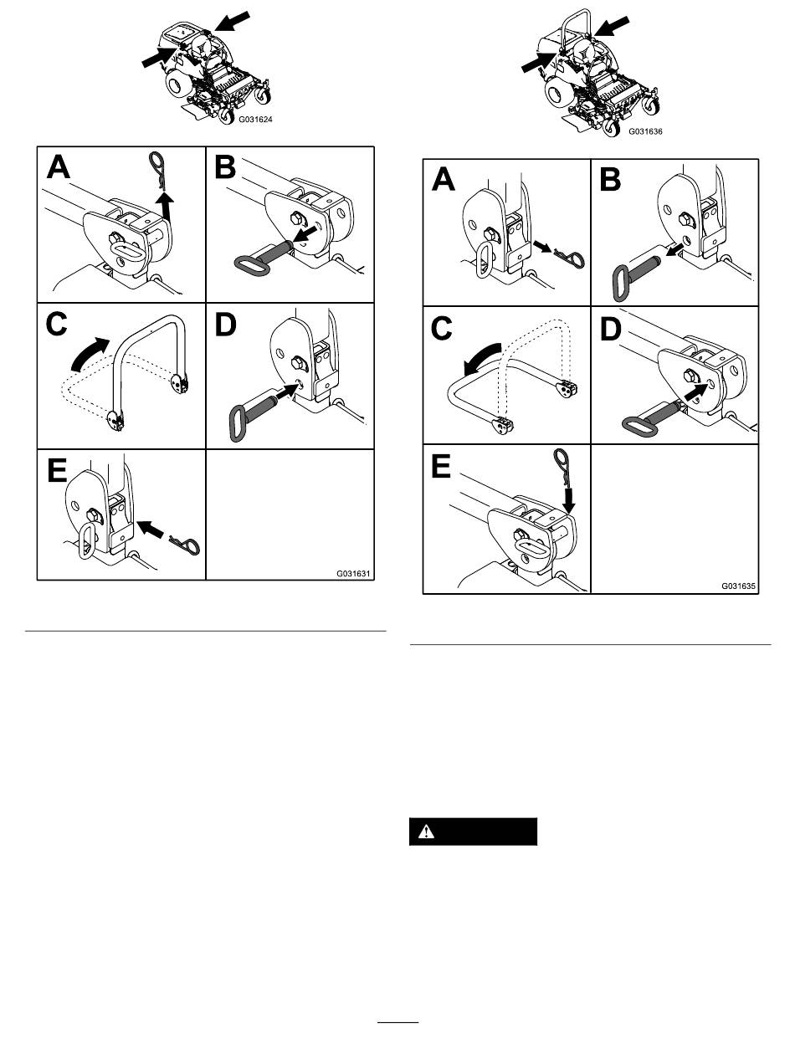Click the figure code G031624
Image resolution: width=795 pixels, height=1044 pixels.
(x=255, y=120)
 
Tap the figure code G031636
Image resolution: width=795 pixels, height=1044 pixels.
(x=645, y=131)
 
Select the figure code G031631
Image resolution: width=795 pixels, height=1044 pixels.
(x=353, y=573)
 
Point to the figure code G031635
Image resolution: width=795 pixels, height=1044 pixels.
(x=738, y=586)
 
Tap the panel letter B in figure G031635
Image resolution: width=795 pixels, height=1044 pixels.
(x=610, y=180)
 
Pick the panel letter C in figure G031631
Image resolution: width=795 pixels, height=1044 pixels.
(x=57, y=325)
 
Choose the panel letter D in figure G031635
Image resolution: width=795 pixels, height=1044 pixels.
(x=610, y=329)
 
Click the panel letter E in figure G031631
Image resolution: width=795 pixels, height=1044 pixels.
(x=57, y=470)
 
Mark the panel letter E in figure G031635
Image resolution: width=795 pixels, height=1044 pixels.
(x=440, y=466)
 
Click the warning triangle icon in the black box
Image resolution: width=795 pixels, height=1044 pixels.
(x=426, y=832)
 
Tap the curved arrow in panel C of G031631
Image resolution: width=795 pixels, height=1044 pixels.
(x=88, y=352)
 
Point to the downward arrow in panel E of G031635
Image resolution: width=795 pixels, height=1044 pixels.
(x=568, y=499)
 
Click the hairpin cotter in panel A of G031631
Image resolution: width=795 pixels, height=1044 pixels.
(x=157, y=171)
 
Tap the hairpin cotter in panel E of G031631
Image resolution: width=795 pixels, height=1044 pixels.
(x=186, y=544)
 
